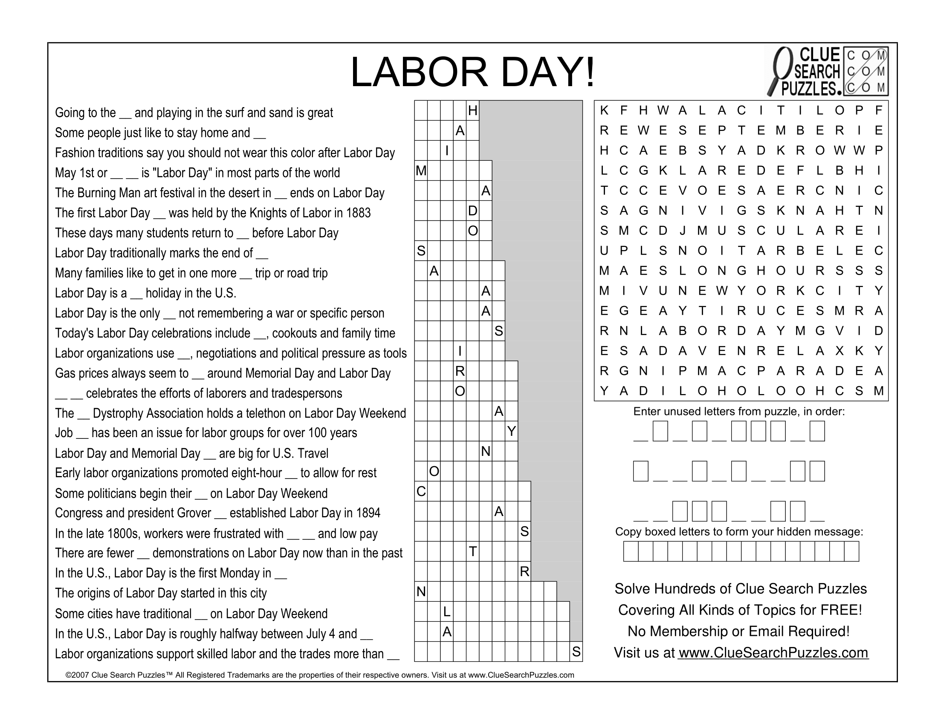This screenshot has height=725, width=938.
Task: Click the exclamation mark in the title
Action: [x=590, y=72]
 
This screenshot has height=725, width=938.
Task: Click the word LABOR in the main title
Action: [x=419, y=72]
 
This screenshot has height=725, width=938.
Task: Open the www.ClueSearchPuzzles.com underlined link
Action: [x=773, y=653]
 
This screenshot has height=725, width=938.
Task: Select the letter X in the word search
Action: [x=839, y=351]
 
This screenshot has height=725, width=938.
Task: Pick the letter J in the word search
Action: [x=683, y=231]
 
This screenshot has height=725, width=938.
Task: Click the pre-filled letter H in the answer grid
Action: [x=472, y=111]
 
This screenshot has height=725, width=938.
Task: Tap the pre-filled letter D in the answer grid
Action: [x=472, y=211]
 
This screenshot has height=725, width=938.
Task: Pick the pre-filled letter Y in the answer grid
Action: [x=511, y=431]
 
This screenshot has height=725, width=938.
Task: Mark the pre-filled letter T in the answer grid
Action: [x=472, y=551]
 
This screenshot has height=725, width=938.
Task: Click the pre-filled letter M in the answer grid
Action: [x=421, y=171]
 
